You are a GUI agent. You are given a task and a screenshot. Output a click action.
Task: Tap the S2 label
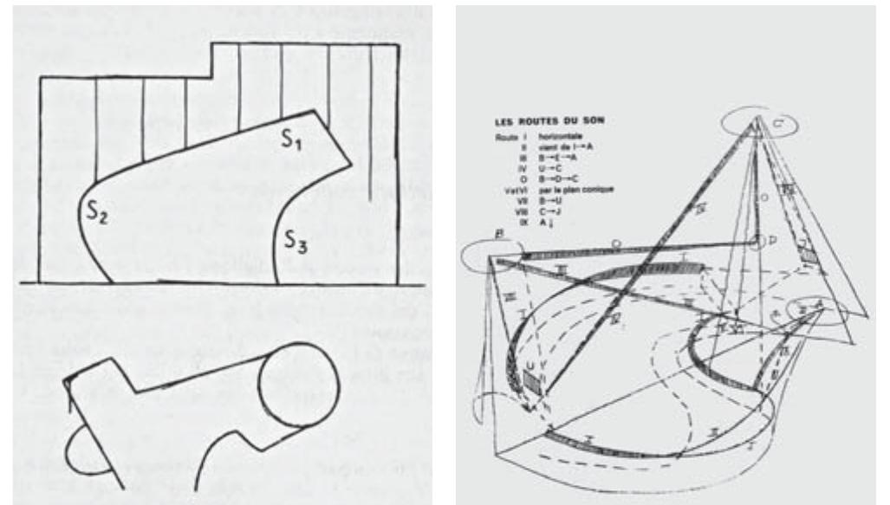coord(95,210)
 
